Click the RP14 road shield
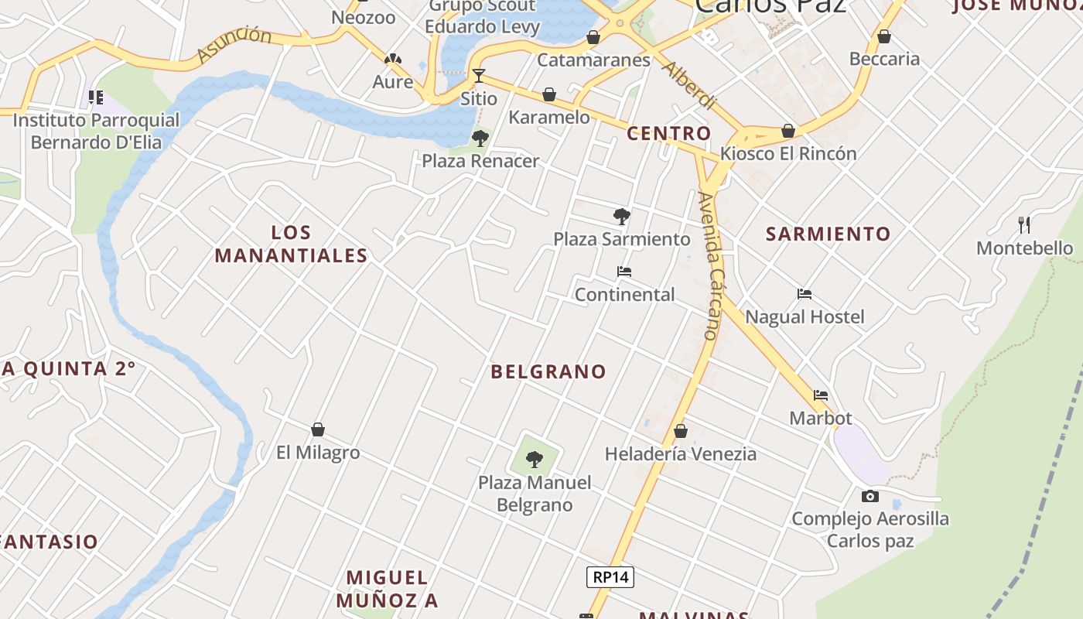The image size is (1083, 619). (610, 576)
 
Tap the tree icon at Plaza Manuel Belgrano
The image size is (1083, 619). (534, 460)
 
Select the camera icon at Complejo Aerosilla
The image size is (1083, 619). (869, 496)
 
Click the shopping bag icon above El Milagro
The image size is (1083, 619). (317, 429)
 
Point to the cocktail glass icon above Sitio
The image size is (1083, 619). (479, 76)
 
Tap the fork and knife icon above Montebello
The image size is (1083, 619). (1024, 225)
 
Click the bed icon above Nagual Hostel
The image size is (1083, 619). (805, 294)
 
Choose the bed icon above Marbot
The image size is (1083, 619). (821, 395)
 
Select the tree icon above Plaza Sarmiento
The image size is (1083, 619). (621, 217)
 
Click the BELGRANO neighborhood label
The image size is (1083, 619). (548, 371)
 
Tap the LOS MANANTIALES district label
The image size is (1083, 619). (291, 244)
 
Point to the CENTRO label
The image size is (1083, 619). (668, 133)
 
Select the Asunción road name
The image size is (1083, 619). (234, 44)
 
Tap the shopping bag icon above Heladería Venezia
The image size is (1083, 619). (681, 431)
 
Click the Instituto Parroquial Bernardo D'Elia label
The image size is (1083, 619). (96, 132)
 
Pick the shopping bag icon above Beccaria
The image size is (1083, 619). (884, 36)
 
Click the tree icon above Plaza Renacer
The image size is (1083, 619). (480, 139)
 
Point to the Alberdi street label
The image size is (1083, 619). (688, 84)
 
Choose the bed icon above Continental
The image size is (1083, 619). (624, 272)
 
